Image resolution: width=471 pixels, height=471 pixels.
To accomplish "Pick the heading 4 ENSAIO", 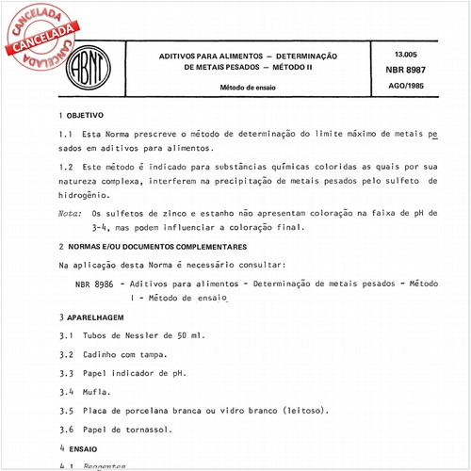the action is point(81,449).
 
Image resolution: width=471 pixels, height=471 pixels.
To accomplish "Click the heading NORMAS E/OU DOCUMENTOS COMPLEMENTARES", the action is point(160,245).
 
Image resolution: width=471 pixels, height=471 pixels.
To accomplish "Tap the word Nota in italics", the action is point(69,213).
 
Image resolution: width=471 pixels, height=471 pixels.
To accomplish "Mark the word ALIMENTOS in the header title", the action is point(235,57).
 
